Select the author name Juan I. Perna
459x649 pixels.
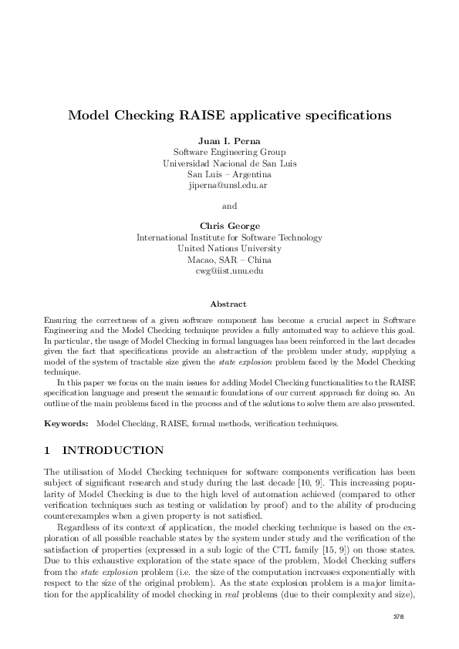pyautogui.click(x=229, y=140)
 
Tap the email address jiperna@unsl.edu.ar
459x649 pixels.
pyautogui.click(x=229, y=186)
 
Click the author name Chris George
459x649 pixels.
pyautogui.click(x=229, y=226)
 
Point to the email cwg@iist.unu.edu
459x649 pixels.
pyautogui.click(x=229, y=271)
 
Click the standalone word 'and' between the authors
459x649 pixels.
pyautogui.click(x=229, y=206)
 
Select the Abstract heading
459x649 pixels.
pyautogui.click(x=229, y=304)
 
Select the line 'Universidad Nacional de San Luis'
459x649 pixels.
pyautogui.click(x=229, y=163)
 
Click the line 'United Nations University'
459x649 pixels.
pyautogui.click(x=229, y=249)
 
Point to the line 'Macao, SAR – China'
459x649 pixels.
pyautogui.click(x=229, y=260)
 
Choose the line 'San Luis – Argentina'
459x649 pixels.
pyautogui.click(x=229, y=174)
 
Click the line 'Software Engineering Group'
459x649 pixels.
pyautogui.click(x=229, y=152)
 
